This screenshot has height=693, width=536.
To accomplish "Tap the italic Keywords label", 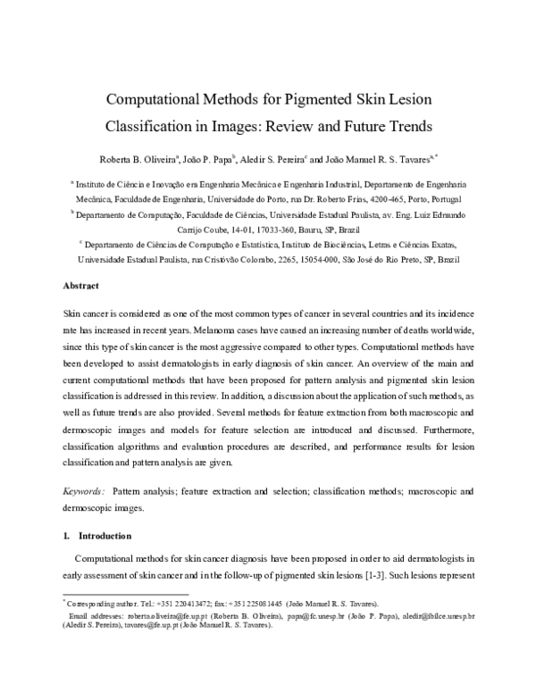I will [x=83, y=491].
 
